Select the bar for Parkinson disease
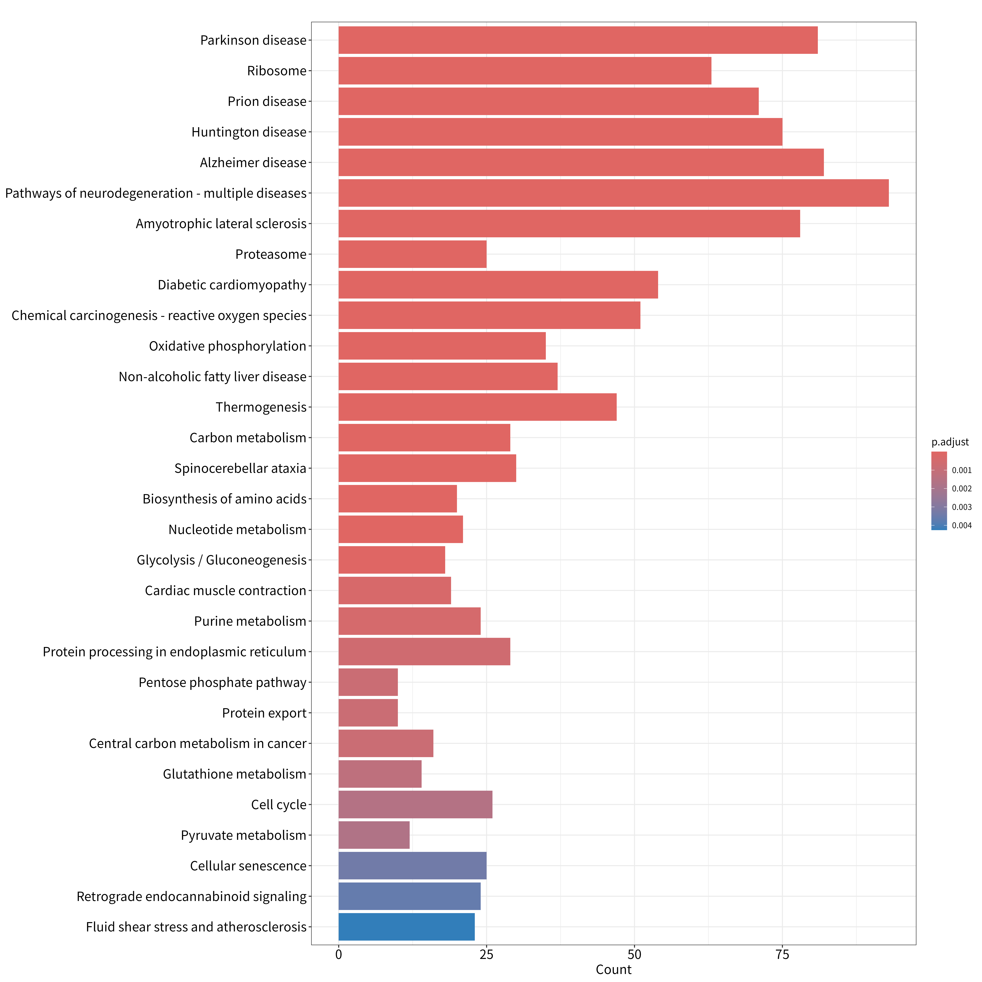[x=578, y=40]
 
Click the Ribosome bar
[x=525, y=71]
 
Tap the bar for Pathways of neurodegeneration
[x=613, y=193]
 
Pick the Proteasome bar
[x=412, y=254]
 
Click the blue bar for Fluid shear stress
[x=407, y=927]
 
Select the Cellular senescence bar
[x=412, y=866]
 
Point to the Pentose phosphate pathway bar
[x=368, y=682]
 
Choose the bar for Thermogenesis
[x=477, y=407]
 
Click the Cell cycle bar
[x=415, y=805]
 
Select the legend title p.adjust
[x=950, y=442]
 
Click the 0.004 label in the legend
[x=962, y=526]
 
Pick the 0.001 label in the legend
[x=962, y=470]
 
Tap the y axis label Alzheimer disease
[x=253, y=163]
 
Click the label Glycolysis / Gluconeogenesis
[x=222, y=560]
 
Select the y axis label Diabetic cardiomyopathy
[x=232, y=285]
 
